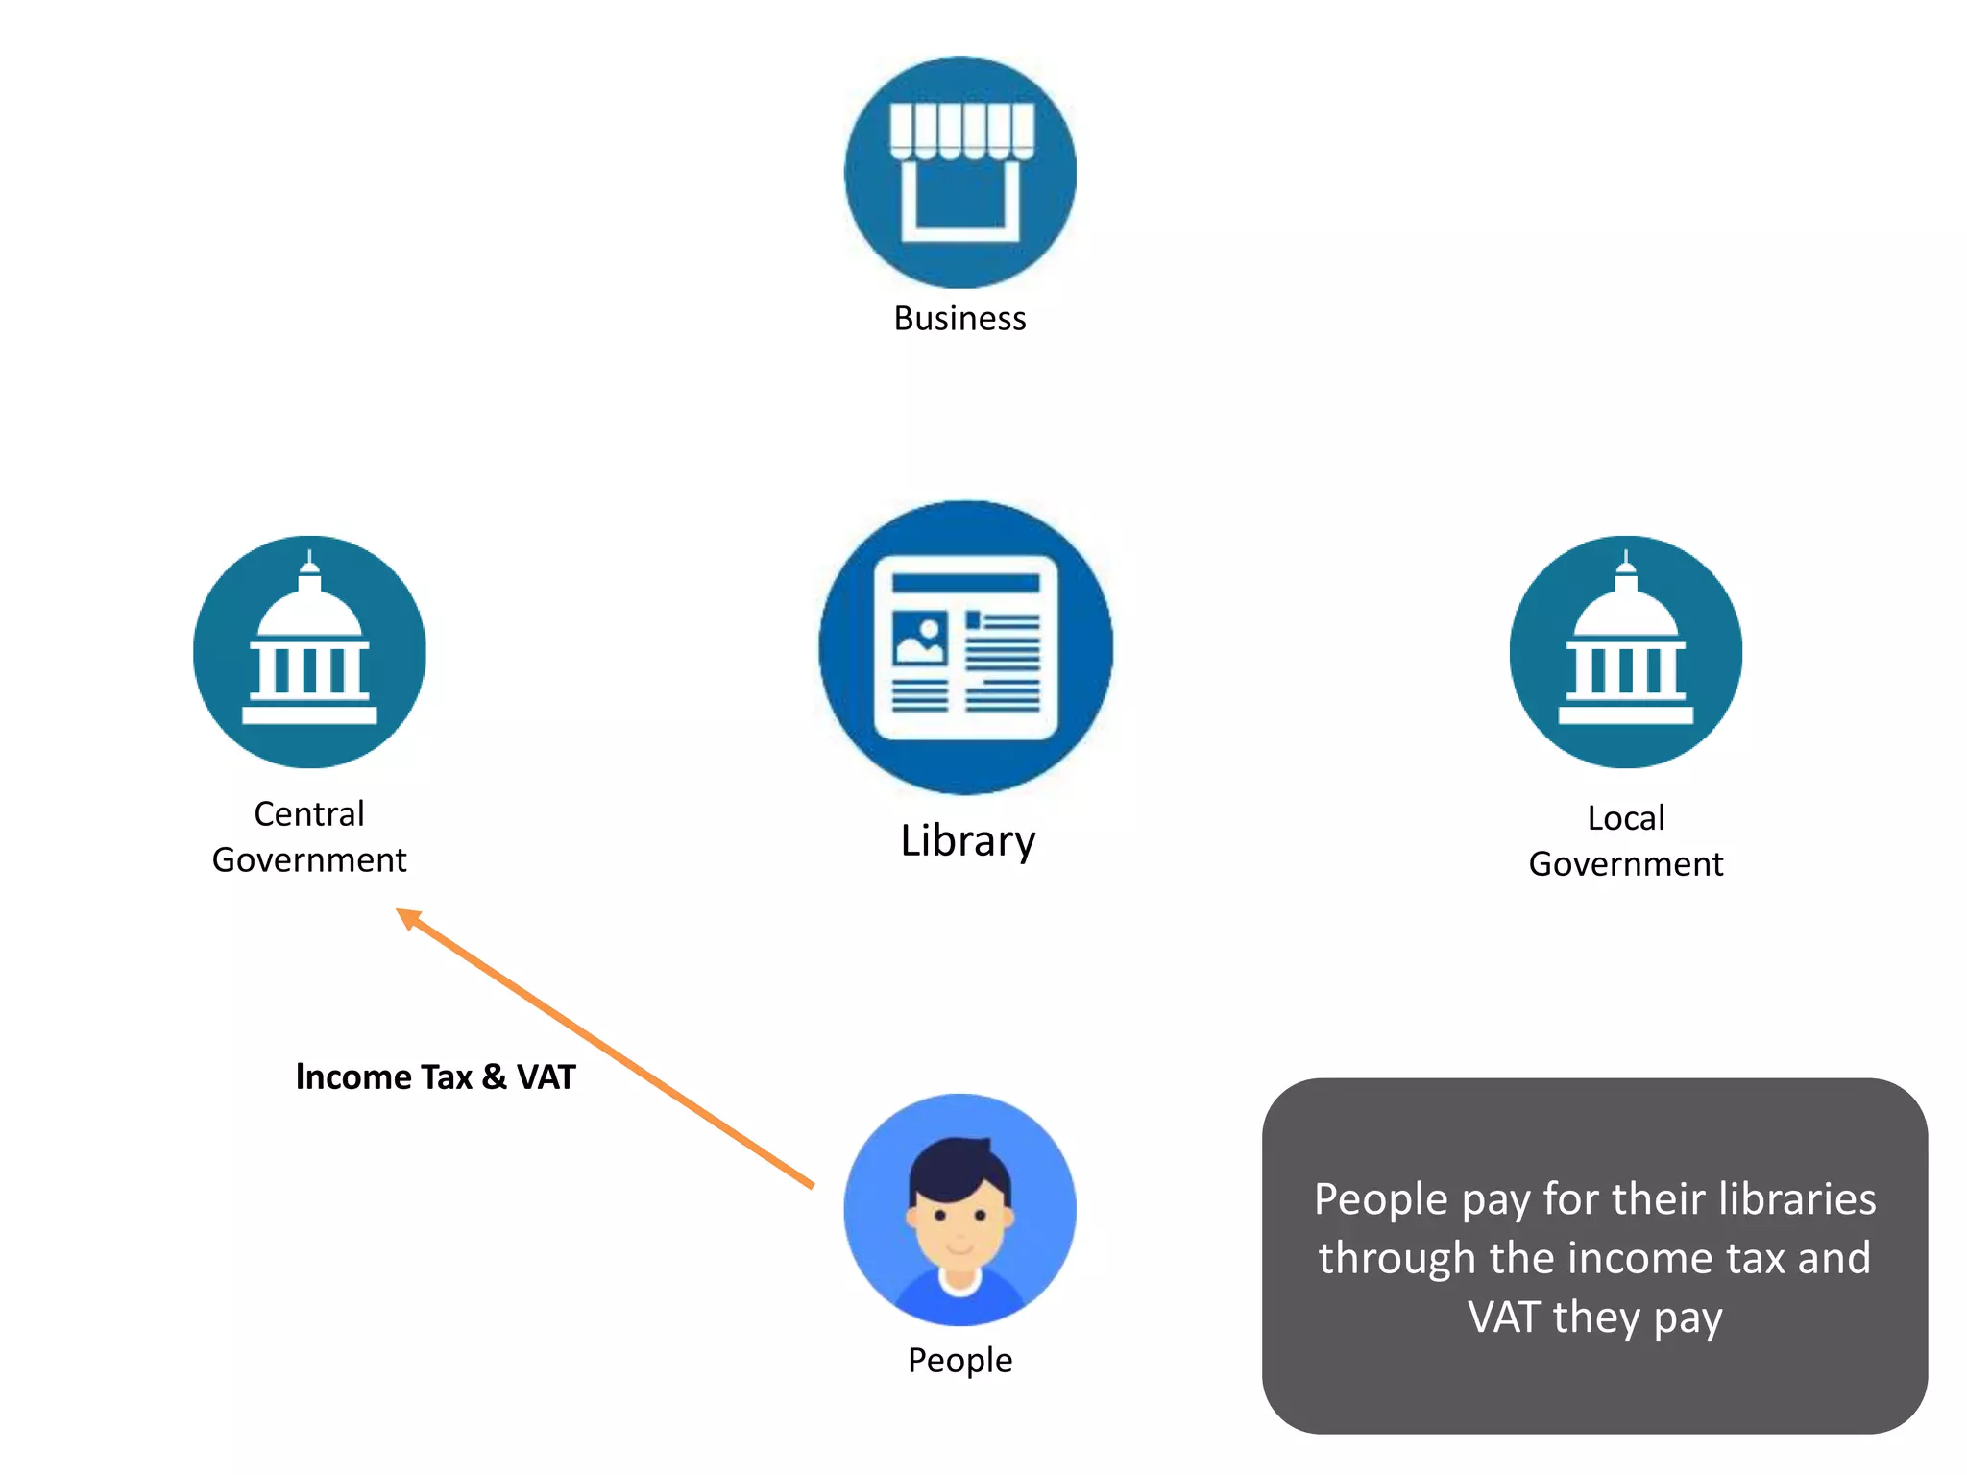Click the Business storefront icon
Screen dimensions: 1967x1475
(959, 172)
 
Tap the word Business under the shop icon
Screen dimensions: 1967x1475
(959, 319)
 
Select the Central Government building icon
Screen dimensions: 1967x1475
(309, 652)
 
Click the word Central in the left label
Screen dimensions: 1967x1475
(309, 814)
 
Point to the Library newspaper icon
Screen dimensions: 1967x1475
(966, 647)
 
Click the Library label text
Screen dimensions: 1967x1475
(967, 841)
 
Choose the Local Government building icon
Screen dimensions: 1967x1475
(1625, 652)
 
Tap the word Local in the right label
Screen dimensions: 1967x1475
(1626, 818)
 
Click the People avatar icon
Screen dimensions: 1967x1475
(959, 1210)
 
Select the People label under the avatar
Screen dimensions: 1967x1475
(959, 1361)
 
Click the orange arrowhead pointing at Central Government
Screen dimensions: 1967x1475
(408, 918)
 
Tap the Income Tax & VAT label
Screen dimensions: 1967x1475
(435, 1077)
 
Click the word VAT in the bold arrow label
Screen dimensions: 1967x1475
(546, 1077)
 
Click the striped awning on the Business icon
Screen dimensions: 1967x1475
(961, 130)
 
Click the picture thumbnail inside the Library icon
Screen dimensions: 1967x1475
(919, 639)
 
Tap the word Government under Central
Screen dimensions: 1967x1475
(309, 860)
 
